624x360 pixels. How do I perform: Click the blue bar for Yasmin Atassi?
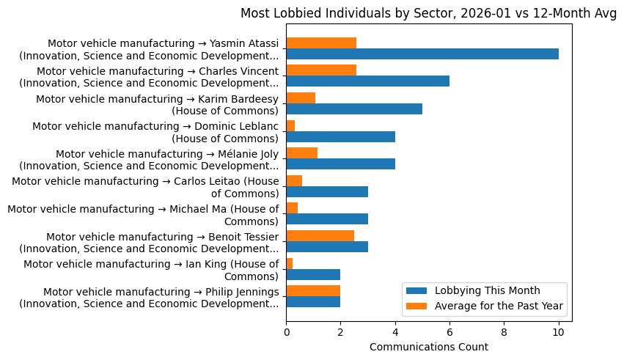click(x=422, y=54)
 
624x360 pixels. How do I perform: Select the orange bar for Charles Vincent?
click(x=321, y=70)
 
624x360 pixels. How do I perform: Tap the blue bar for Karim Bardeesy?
click(x=354, y=109)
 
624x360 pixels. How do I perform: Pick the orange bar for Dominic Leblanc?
click(x=290, y=125)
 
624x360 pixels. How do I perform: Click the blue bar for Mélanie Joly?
click(x=340, y=164)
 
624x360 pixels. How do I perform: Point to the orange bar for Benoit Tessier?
click(x=320, y=235)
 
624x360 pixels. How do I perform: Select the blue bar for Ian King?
click(x=313, y=274)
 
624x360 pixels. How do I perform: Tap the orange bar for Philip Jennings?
click(x=313, y=290)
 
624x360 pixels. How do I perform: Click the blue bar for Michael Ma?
click(x=327, y=219)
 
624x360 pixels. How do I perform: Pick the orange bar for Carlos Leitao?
click(x=294, y=180)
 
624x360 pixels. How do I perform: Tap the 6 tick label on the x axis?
click(x=449, y=331)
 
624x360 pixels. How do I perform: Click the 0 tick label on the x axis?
click(x=286, y=331)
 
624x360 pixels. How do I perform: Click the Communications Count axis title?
click(x=429, y=347)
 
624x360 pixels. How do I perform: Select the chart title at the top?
click(x=429, y=13)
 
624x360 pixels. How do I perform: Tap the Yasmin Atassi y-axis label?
click(x=150, y=49)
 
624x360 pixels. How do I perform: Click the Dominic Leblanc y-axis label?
click(x=155, y=132)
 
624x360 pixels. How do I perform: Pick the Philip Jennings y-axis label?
click(x=150, y=298)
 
